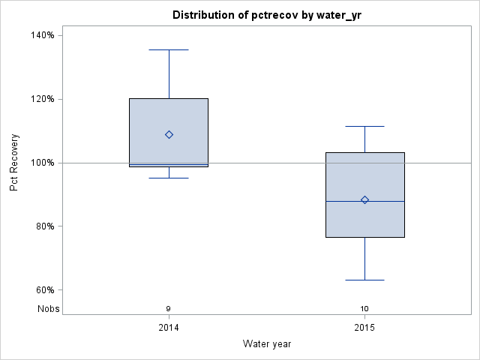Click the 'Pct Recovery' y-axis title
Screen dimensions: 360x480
coord(14,163)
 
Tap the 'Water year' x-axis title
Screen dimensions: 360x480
coord(267,343)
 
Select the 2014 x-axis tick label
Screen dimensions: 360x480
coord(169,328)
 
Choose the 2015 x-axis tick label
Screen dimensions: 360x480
coord(365,328)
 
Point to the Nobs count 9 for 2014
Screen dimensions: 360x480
coord(169,308)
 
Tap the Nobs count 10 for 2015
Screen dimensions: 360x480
coord(365,308)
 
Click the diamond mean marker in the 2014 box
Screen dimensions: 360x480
coord(169,135)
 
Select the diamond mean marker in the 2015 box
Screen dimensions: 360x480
coord(365,199)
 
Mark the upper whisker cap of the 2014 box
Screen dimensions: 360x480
coord(169,49)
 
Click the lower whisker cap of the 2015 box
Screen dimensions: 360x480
coord(365,280)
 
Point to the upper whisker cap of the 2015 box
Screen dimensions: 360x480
coord(365,127)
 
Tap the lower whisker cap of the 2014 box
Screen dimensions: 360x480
coord(169,178)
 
